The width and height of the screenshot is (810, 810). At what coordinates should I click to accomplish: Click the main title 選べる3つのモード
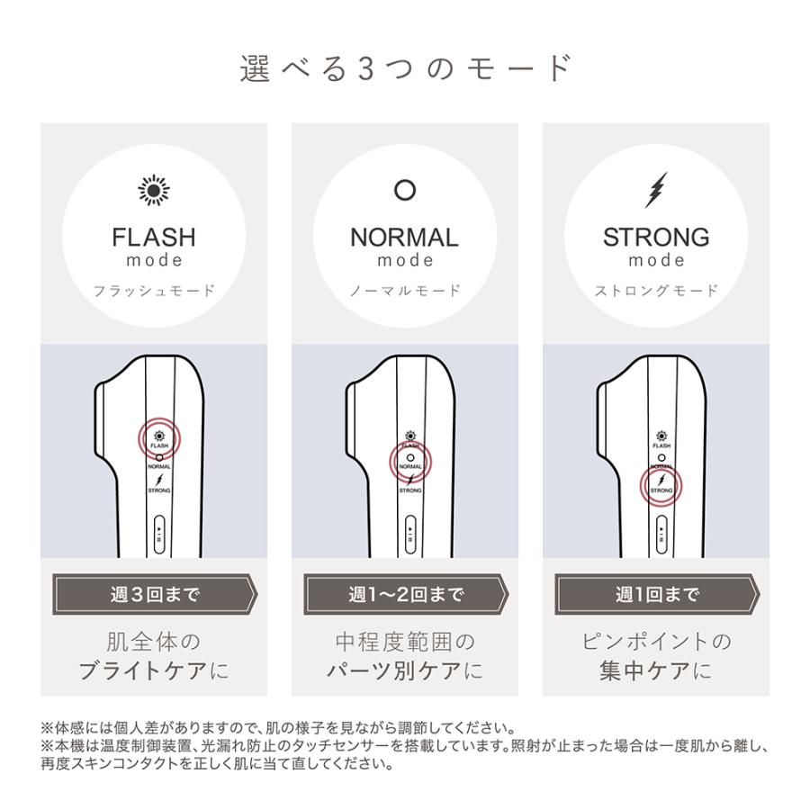coord(405,69)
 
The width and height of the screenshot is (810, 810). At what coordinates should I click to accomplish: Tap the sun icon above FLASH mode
coord(154,191)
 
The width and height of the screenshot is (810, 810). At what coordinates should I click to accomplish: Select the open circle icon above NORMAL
coord(405,191)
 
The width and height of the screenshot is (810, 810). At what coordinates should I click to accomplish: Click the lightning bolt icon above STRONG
coord(656,190)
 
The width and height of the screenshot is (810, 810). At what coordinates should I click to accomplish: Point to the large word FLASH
coord(154,238)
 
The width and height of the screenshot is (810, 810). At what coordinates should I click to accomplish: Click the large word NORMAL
coord(404,238)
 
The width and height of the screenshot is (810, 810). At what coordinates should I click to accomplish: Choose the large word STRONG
coord(656,238)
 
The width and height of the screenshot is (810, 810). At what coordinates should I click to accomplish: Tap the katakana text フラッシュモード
coord(154,291)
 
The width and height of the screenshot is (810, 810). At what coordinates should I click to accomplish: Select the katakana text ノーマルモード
coord(404,291)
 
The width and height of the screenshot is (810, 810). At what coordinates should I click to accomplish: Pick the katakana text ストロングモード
coord(656,291)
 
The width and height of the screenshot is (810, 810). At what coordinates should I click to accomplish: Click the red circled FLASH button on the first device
coord(159,438)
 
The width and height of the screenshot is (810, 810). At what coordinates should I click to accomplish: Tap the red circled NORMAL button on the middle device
coord(410,462)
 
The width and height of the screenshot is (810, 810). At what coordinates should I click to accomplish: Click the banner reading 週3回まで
coord(154,595)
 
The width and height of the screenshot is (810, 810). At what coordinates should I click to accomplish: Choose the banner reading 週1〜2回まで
coord(405,595)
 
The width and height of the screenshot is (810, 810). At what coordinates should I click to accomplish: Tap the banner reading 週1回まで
coord(656,595)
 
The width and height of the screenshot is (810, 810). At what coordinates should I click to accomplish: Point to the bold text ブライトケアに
coord(154,670)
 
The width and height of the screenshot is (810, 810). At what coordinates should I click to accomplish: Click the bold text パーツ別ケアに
coord(404,670)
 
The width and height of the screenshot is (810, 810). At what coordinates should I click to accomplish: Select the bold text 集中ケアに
coord(656,670)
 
